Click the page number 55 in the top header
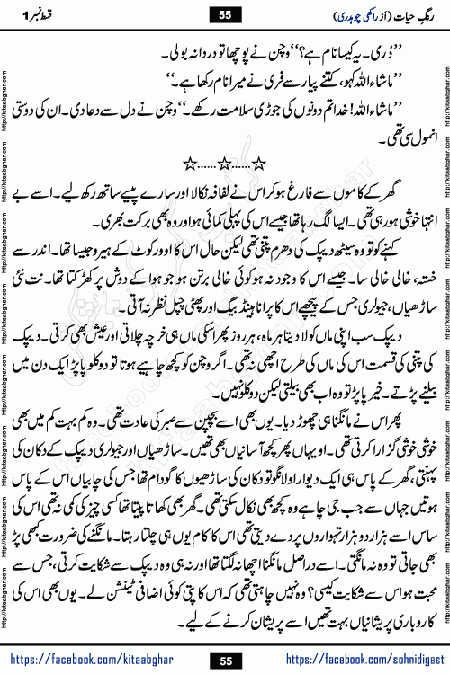pyautogui.click(x=225, y=13)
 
